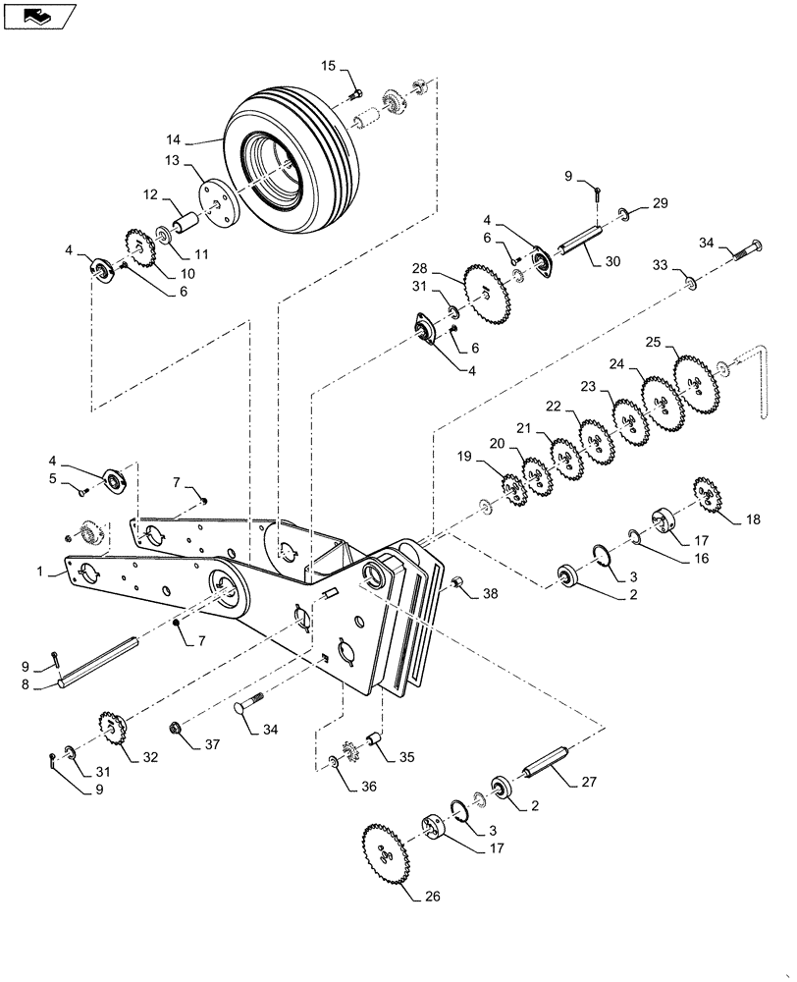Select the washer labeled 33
tap(691, 283)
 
